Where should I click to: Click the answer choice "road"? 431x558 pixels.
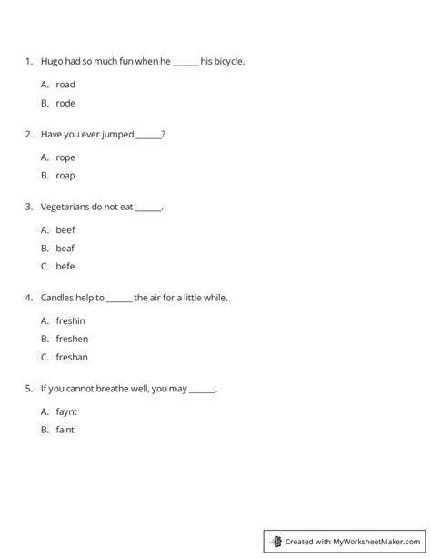[65, 85]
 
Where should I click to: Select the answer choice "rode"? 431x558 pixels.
[65, 103]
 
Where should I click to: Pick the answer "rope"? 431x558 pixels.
[65, 157]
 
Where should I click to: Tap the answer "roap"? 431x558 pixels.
[65, 176]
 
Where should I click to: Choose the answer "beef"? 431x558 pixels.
[65, 230]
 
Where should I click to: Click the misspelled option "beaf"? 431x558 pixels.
[65, 249]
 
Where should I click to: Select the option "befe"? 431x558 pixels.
[65, 267]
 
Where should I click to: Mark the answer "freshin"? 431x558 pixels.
[72, 320]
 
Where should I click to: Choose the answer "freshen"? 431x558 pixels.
[72, 339]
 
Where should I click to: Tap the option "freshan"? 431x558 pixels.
[72, 357]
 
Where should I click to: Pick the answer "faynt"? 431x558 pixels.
[67, 411]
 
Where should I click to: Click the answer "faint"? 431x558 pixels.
[65, 430]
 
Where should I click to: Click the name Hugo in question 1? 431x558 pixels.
[52, 62]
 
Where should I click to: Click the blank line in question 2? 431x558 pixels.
[148, 137]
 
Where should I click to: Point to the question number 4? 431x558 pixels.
[29, 298]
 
